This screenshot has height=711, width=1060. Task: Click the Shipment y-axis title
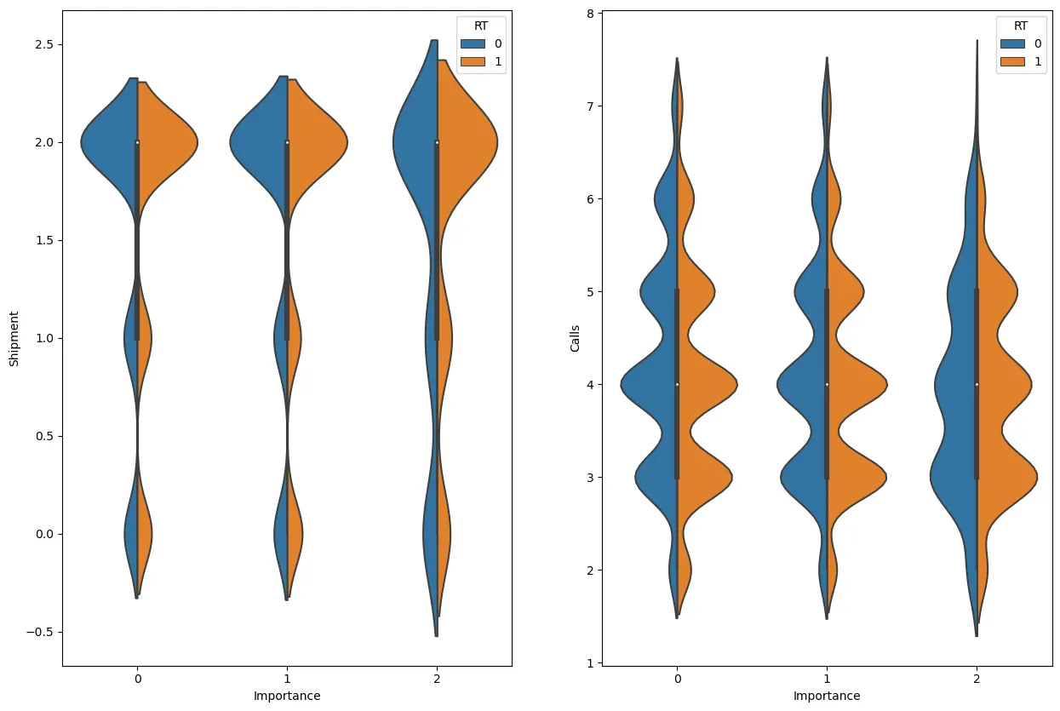(14, 338)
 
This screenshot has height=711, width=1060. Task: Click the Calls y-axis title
(576, 338)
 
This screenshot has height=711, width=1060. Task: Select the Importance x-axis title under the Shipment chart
(287, 696)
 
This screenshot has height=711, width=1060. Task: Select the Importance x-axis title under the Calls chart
(827, 696)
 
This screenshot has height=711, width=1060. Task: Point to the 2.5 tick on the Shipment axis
(42, 44)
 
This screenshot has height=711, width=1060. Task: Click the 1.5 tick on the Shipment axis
(42, 240)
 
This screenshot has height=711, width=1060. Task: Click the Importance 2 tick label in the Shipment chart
(437, 680)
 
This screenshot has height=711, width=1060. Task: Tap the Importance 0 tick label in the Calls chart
(677, 680)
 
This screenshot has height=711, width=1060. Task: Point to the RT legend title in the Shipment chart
(481, 26)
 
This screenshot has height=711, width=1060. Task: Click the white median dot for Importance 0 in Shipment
(137, 142)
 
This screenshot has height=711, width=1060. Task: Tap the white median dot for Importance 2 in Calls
(977, 384)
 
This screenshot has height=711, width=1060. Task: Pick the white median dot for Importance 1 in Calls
(827, 384)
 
